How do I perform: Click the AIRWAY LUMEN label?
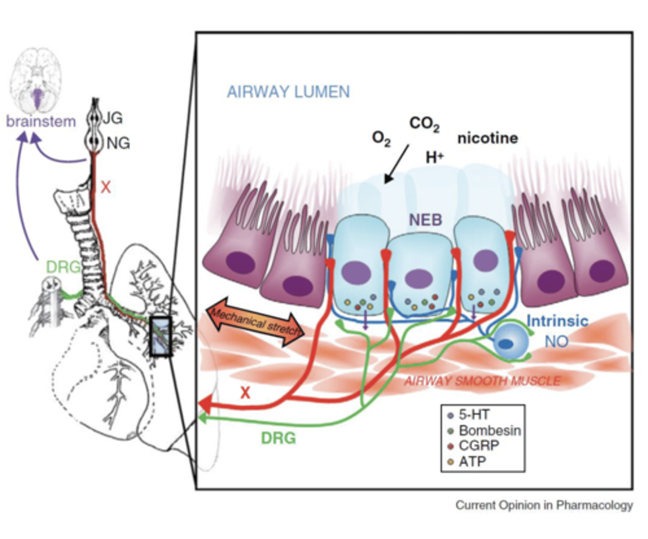point(288,92)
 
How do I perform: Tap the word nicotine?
point(487,138)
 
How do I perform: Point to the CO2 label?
point(424,124)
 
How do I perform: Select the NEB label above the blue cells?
point(425,220)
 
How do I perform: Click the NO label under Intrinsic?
point(556,342)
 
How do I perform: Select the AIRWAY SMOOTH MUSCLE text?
point(482,381)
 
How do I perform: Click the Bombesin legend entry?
point(489,431)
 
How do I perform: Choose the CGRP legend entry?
point(478,446)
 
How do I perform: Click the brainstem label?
point(40,121)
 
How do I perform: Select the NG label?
point(118,144)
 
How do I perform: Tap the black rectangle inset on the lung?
point(161,337)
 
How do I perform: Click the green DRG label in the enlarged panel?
point(278,438)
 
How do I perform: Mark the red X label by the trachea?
point(105,186)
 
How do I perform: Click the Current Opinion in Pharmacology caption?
point(544,505)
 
